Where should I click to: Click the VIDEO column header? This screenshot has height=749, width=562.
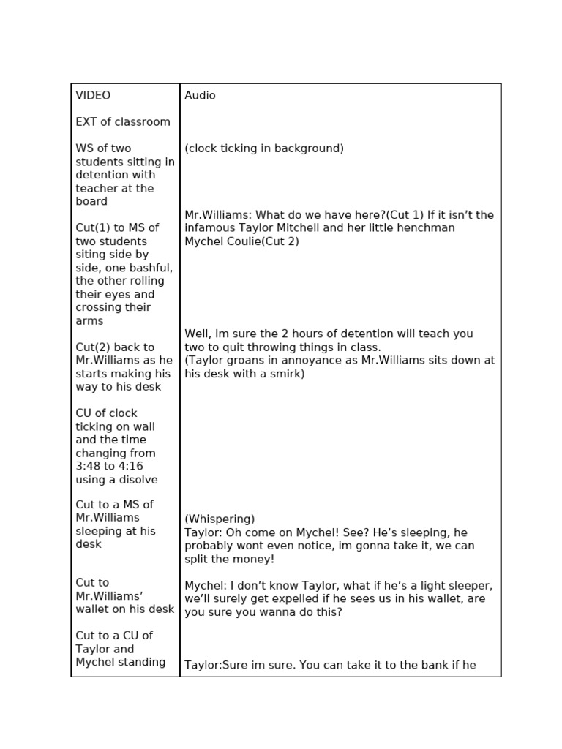coord(93,96)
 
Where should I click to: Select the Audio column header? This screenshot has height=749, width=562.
coord(200,96)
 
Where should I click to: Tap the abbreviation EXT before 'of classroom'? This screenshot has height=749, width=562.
coord(86,122)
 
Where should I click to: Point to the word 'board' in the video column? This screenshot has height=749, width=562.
coord(91,201)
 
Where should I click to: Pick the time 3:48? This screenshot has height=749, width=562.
coord(90,467)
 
